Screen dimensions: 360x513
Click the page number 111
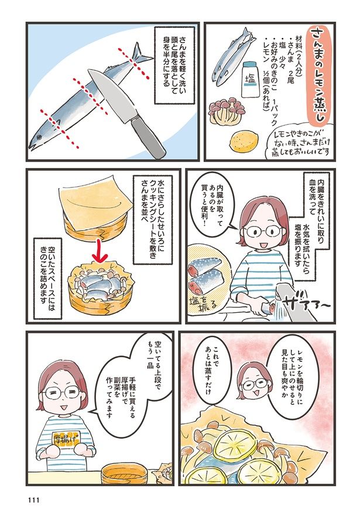click(34, 500)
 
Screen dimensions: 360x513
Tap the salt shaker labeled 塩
click(250, 80)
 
